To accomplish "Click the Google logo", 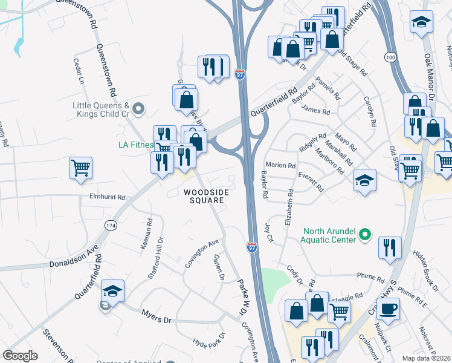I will pos(20,356).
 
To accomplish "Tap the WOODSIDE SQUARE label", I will pos(207,196).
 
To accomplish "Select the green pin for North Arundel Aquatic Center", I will pos(364,234).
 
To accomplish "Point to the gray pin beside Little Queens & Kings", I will pos(139,110).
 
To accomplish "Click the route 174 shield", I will pos(111,225).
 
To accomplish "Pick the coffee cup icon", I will pos(388,309).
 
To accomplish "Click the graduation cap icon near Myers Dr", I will pos(112,292).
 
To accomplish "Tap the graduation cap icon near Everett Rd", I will pos(364,180).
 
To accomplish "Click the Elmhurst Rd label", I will pos(107,197).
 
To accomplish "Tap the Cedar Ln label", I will pos(77,71).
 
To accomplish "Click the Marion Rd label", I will pos(280,166).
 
